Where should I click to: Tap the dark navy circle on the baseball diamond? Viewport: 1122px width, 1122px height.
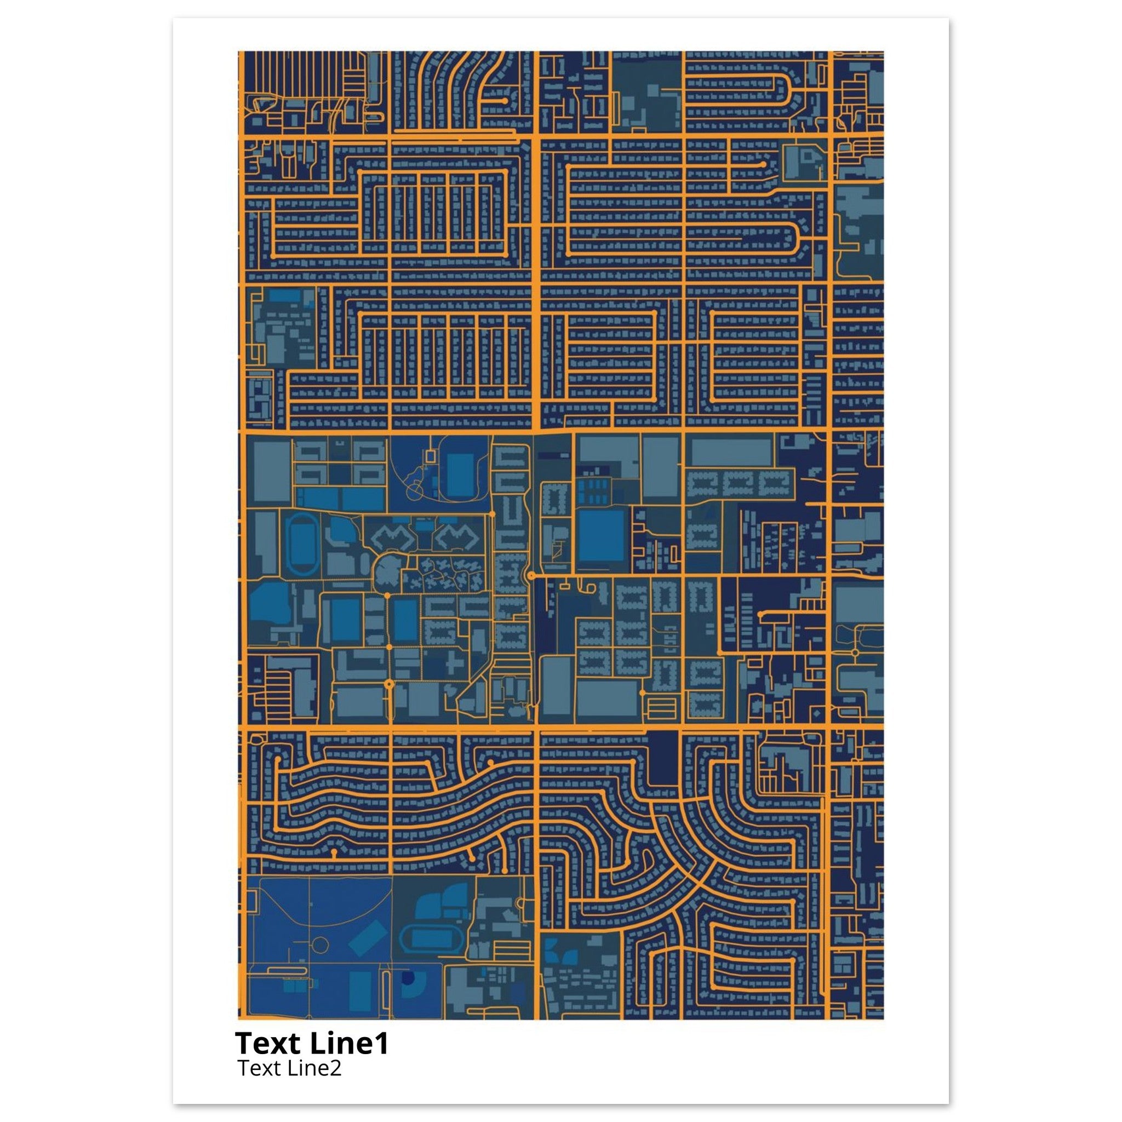(408, 978)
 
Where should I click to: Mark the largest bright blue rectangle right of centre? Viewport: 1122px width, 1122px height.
(602, 535)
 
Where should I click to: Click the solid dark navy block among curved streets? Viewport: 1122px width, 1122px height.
(663, 758)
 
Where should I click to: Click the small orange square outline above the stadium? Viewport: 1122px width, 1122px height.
(430, 456)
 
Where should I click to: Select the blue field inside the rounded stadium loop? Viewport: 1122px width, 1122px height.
(461, 475)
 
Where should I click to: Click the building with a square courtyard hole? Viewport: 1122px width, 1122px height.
(804, 154)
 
